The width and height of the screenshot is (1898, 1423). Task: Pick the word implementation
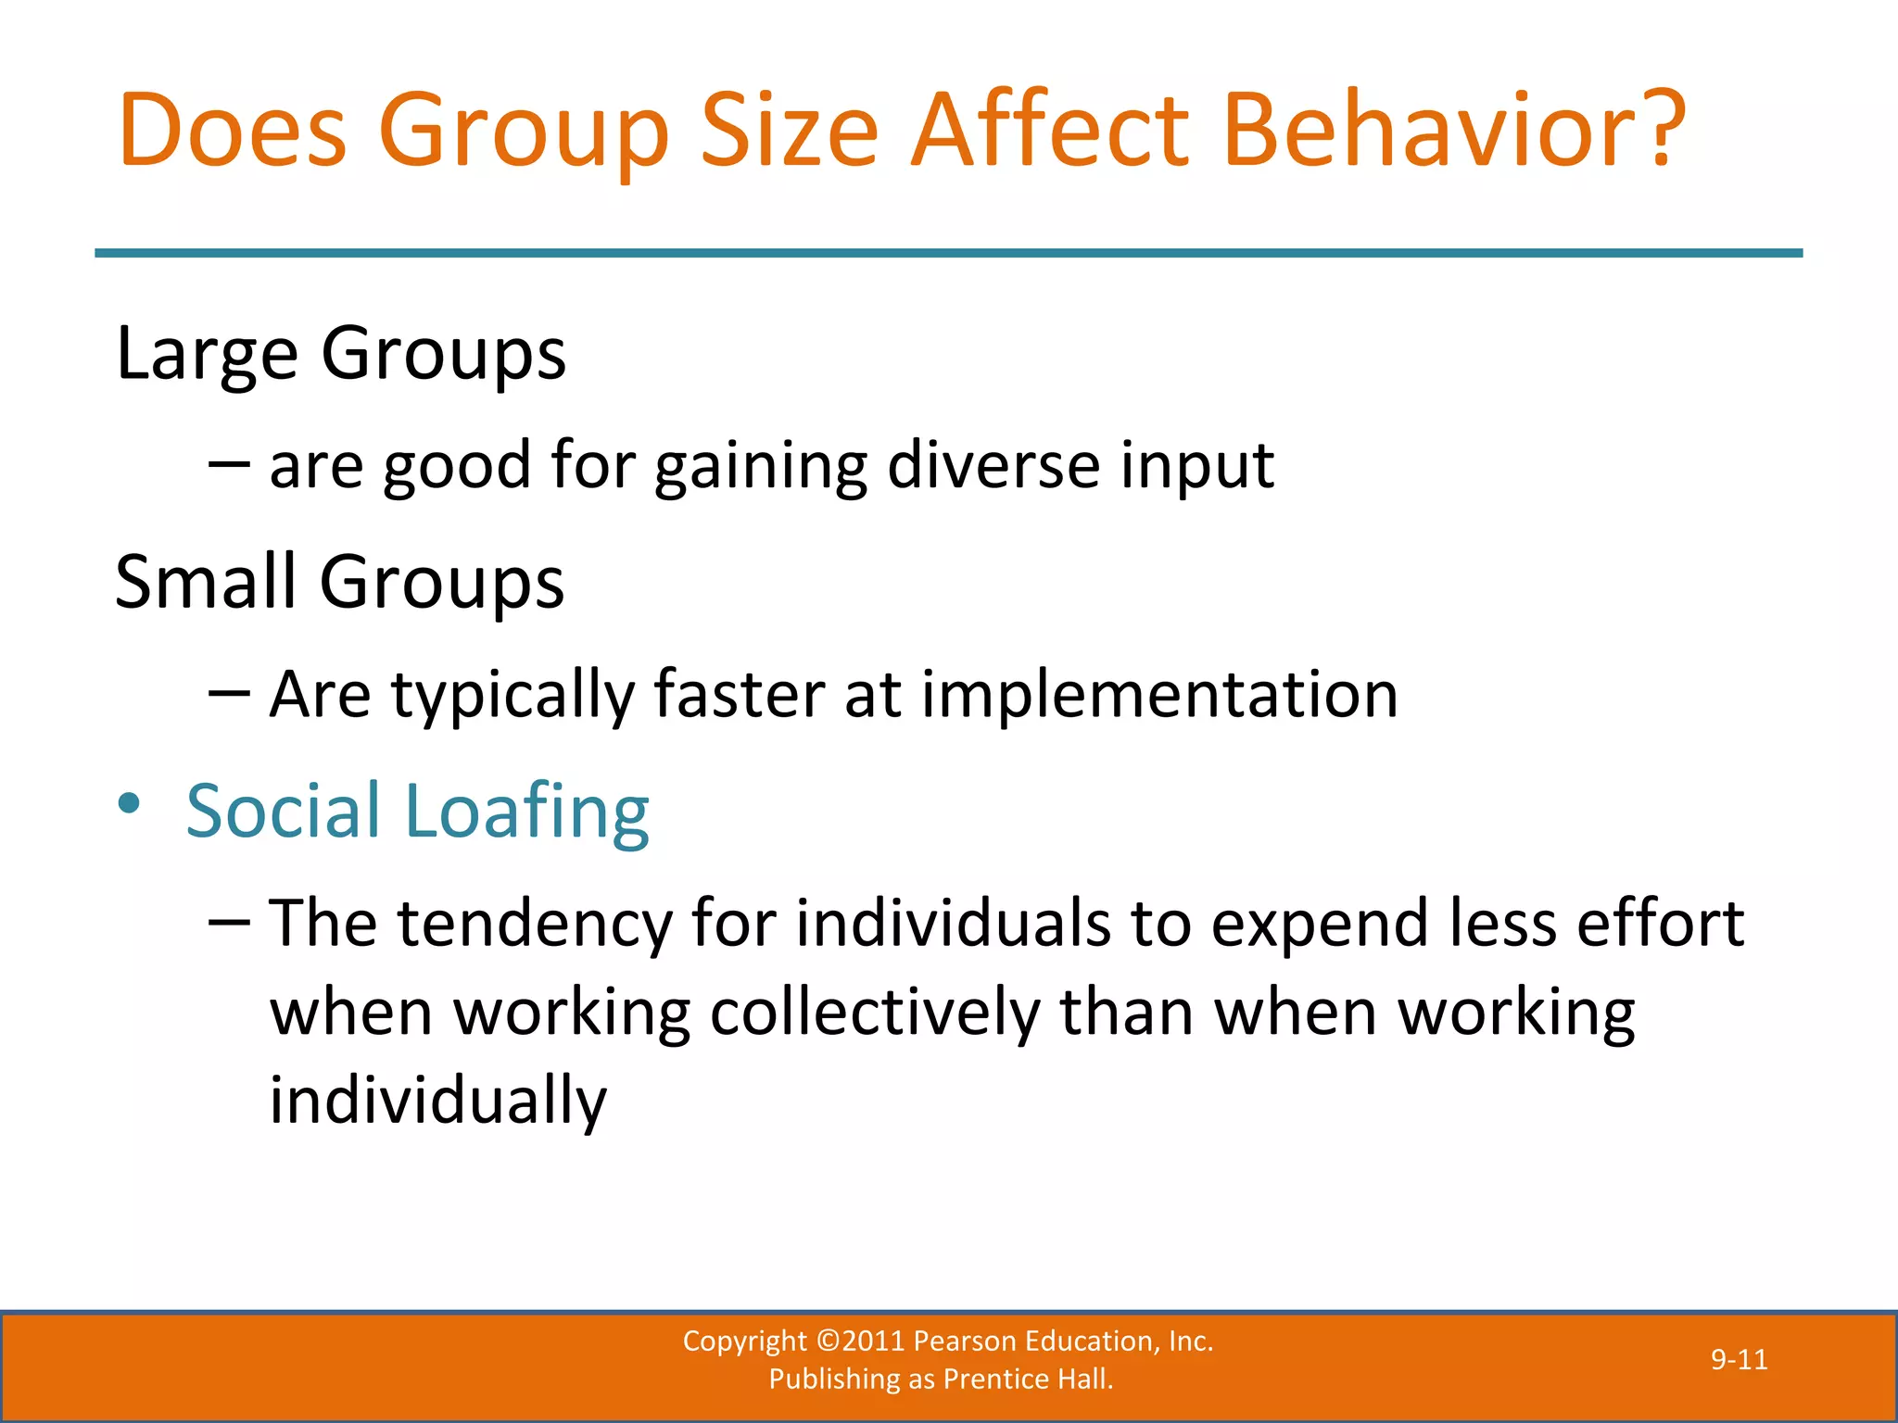(x=1159, y=694)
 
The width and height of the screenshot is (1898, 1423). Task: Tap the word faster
(x=739, y=694)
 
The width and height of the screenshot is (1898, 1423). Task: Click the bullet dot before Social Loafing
(x=130, y=802)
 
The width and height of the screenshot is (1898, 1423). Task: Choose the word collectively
(x=875, y=1013)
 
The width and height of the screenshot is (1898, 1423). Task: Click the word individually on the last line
(x=438, y=1101)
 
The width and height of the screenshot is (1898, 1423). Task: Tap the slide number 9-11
(x=1739, y=1360)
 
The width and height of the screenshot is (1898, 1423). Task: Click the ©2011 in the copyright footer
(x=861, y=1341)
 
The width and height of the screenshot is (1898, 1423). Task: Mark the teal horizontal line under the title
(x=948, y=253)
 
